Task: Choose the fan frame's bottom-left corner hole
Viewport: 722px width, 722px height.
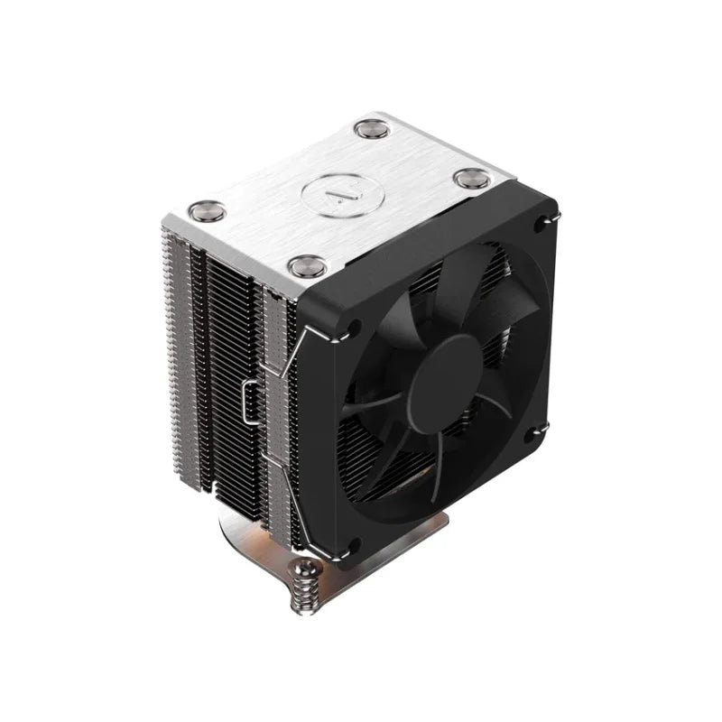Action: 353,544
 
